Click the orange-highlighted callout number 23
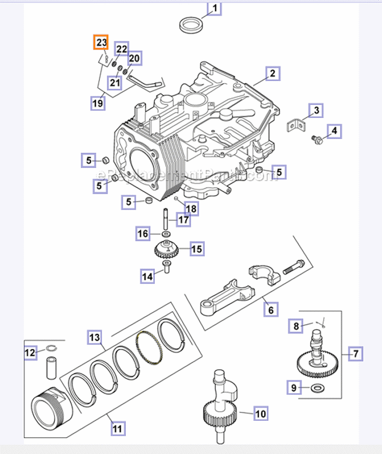pyautogui.click(x=101, y=42)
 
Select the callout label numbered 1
pyautogui.click(x=214, y=9)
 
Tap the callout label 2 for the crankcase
pyautogui.click(x=272, y=74)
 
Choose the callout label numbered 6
pyautogui.click(x=270, y=309)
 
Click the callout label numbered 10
pyautogui.click(x=260, y=414)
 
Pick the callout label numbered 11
pyautogui.click(x=118, y=429)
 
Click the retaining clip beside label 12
pyautogui.click(x=51, y=349)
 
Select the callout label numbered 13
pyautogui.click(x=95, y=337)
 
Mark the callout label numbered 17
pyautogui.click(x=183, y=220)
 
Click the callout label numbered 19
pyautogui.click(x=98, y=104)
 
